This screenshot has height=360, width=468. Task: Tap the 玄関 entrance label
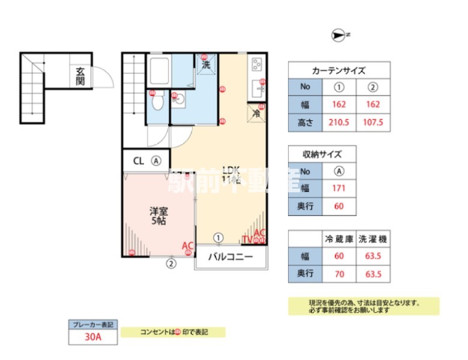pyautogui.click(x=80, y=76)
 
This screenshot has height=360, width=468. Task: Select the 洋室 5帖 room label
pyautogui.click(x=158, y=215)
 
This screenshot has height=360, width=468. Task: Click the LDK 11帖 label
pyautogui.click(x=231, y=174)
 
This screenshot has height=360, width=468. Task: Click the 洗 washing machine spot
pyautogui.click(x=206, y=65)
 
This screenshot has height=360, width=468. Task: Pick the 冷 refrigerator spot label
pyautogui.click(x=256, y=113)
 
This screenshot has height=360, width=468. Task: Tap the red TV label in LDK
pyautogui.click(x=247, y=240)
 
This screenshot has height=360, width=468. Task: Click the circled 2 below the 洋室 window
pyautogui.click(x=171, y=263)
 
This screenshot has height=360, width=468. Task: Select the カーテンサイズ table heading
pyautogui.click(x=339, y=70)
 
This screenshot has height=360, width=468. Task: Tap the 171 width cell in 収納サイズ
pyautogui.click(x=338, y=188)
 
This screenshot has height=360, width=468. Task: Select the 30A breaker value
pyautogui.click(x=93, y=337)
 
